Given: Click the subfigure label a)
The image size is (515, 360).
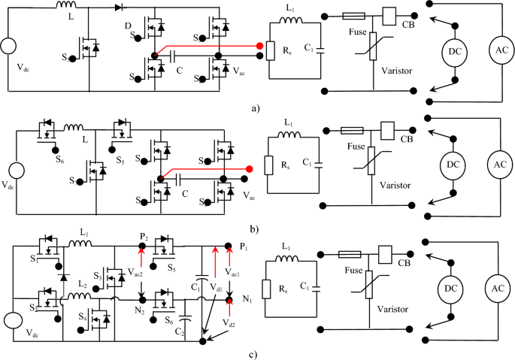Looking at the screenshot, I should [256, 107].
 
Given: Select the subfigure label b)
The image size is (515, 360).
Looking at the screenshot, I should [256, 226].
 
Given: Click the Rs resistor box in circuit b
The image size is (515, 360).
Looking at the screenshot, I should [270, 165].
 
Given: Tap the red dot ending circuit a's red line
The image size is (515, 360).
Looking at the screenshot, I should [260, 47].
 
